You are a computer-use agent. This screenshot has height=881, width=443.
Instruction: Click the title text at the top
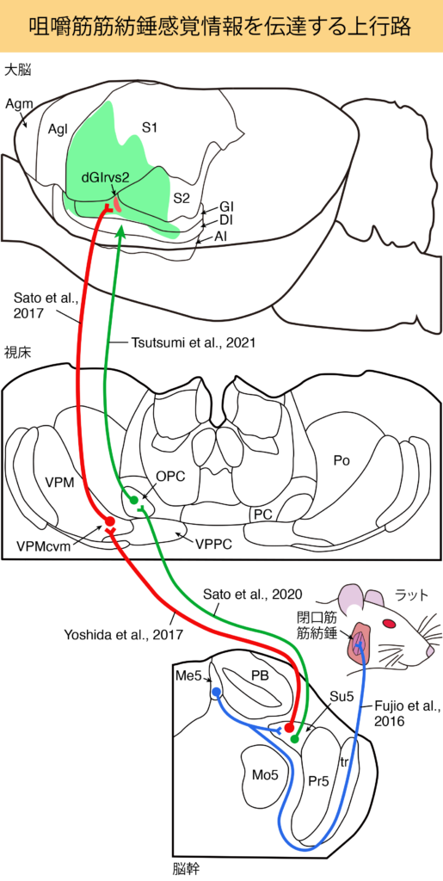pyautogui.click(x=221, y=25)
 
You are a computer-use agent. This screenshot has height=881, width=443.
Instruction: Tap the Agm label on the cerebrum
pyautogui.click(x=19, y=103)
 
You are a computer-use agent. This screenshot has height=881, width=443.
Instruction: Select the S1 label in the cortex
pyautogui.click(x=149, y=128)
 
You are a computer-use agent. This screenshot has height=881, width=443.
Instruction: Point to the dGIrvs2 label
pyautogui.click(x=106, y=177)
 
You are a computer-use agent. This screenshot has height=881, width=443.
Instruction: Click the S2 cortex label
pyautogui.click(x=181, y=197)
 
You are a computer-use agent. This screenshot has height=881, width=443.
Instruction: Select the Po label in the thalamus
pyautogui.click(x=341, y=462)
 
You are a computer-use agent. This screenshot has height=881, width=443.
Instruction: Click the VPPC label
pyautogui.click(x=212, y=544)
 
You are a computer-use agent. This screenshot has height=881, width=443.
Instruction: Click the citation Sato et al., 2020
pyautogui.click(x=253, y=594)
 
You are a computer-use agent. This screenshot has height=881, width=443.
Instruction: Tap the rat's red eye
pyautogui.click(x=389, y=623)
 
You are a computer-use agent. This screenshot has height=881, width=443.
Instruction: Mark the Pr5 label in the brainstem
pyautogui.click(x=318, y=781)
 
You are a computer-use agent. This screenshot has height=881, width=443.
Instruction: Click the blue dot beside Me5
pyautogui.click(x=218, y=692)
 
